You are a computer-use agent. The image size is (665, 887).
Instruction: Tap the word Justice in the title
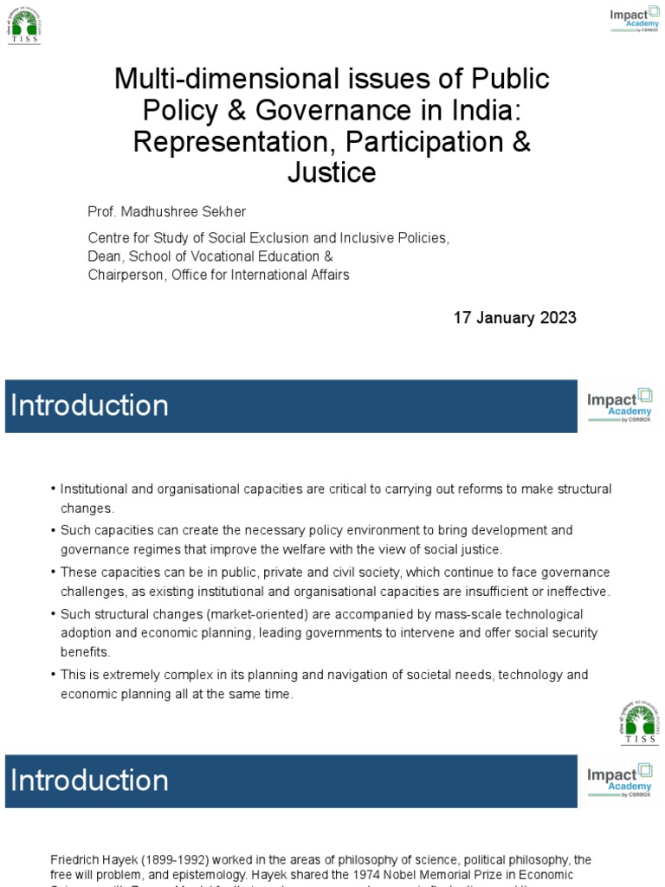(332, 173)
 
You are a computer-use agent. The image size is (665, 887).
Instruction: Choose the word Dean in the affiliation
(105, 256)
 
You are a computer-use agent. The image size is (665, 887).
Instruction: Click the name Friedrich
(75, 859)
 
